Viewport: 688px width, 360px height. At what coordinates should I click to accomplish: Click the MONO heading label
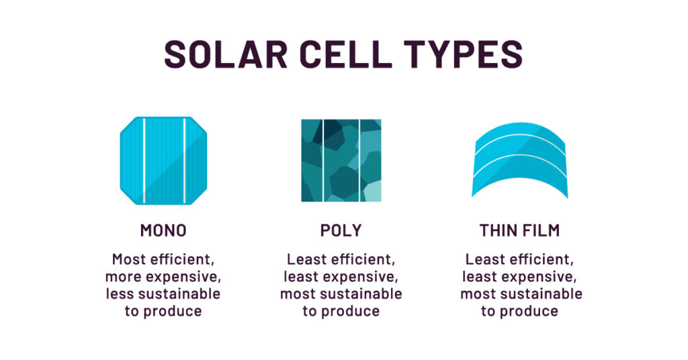pos(163,231)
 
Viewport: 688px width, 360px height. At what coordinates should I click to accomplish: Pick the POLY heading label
pos(341,231)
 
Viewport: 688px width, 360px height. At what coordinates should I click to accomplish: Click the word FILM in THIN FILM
pos(541,231)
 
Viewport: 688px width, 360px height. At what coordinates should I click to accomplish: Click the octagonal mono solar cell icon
pos(163,161)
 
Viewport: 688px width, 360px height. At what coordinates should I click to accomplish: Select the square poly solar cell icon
pos(341,161)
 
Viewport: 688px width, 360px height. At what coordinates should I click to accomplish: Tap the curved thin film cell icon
pos(519,161)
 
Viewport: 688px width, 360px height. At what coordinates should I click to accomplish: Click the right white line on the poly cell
pos(359,161)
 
